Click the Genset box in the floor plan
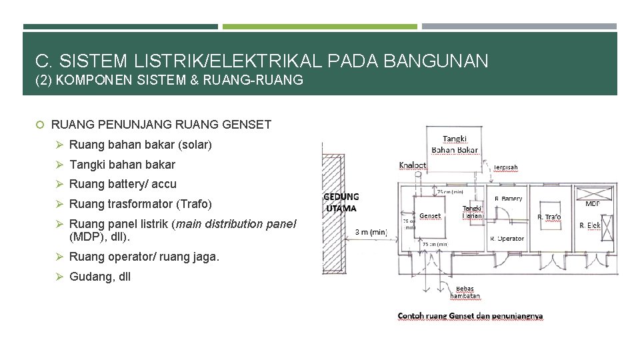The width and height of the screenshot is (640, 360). point(430,215)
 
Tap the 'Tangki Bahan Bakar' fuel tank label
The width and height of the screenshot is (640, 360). point(455,144)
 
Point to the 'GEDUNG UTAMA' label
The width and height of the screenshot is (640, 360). point(341,202)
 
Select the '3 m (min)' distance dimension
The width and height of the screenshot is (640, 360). point(370,231)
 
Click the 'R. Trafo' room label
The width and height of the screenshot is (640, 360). point(549,217)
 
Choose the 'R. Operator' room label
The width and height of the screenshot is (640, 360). point(507,238)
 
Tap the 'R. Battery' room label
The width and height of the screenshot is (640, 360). point(508,199)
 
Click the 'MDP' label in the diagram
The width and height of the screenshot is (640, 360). point(593,203)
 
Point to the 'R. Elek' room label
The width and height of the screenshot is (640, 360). point(589,225)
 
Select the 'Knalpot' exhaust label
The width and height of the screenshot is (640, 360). point(412,165)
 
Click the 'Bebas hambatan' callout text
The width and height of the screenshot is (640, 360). point(465,292)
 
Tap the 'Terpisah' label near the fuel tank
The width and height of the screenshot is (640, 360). point(505,167)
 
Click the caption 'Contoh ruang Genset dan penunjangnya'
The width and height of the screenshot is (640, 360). point(470,316)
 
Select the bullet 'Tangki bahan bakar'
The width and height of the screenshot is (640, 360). point(122,165)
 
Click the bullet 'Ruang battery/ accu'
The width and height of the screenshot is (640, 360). point(123,184)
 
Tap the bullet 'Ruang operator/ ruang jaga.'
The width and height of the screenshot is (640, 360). point(144,257)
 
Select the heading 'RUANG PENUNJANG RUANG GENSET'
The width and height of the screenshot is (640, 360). point(161,124)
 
